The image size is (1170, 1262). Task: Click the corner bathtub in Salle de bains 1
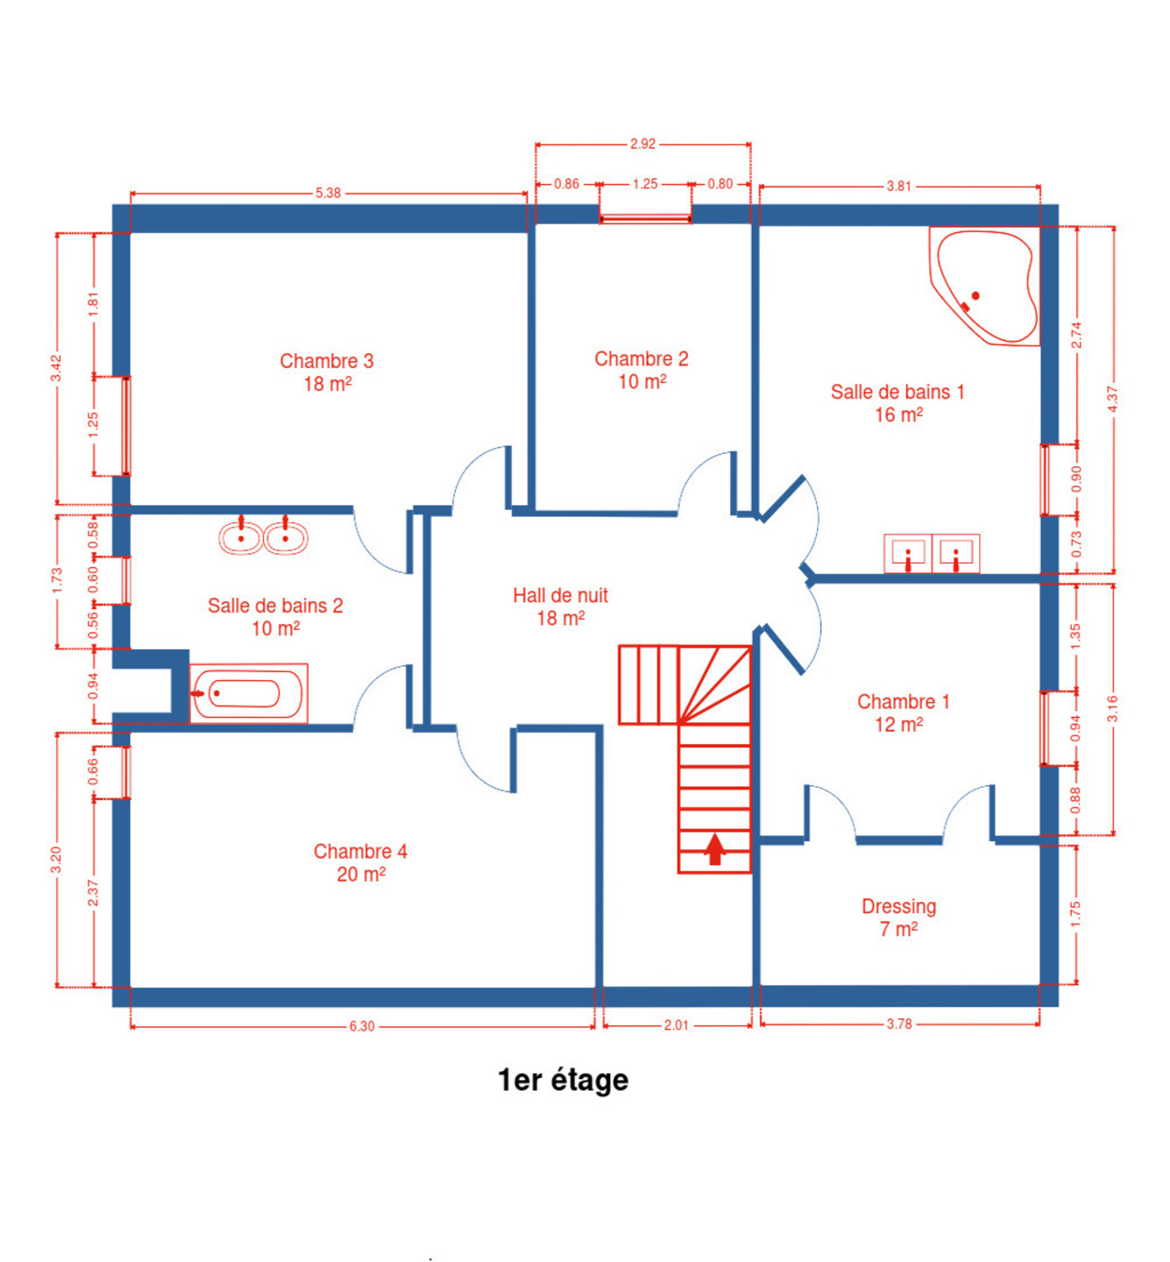point(984,287)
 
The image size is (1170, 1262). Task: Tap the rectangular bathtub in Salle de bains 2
point(249,693)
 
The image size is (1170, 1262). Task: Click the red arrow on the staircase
point(715,849)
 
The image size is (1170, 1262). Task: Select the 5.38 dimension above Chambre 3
point(328,193)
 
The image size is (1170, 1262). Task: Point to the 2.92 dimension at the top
point(642,145)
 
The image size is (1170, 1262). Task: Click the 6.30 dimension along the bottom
point(362,1026)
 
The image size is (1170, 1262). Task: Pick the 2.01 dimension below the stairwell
point(677,1025)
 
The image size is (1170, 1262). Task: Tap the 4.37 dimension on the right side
point(1113,399)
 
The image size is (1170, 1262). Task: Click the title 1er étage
point(563,1081)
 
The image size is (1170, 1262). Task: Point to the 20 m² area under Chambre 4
point(361,875)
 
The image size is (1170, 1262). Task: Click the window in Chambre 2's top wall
point(645,219)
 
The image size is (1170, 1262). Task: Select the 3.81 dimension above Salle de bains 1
point(898,186)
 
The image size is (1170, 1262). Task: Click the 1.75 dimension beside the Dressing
point(1075,914)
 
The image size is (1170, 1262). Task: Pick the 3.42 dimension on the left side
point(56,369)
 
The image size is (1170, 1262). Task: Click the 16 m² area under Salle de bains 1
point(898,415)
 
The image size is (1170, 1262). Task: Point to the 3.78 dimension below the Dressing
point(899,1024)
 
